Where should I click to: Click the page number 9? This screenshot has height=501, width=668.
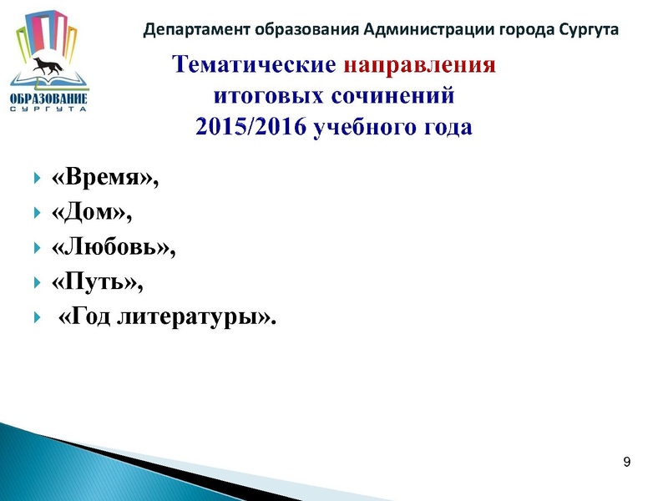pos(626,463)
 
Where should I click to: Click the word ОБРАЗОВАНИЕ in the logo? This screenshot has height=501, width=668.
pos(48,103)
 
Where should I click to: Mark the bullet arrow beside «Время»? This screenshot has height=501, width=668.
pos(37,178)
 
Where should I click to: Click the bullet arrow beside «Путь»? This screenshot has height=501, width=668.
pos(37,283)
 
